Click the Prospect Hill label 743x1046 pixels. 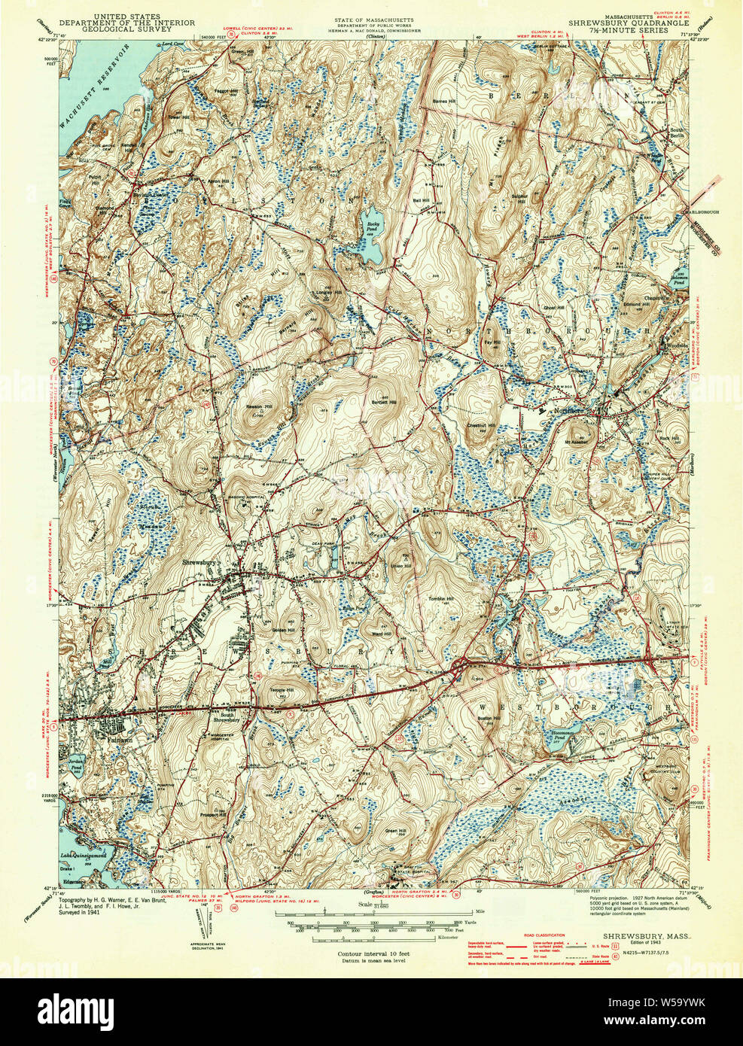tap(212, 815)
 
